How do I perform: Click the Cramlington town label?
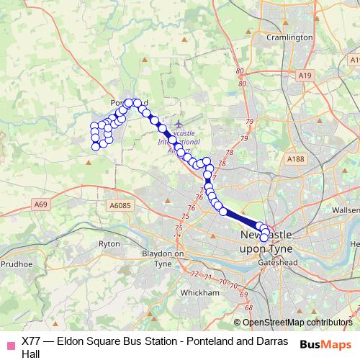[x=289, y=37]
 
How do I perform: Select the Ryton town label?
[x=109, y=244]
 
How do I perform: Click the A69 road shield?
[x=40, y=205]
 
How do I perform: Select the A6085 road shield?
[x=121, y=206]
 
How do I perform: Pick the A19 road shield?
[x=305, y=75]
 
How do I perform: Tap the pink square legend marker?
[x=10, y=342]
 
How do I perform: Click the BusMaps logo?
[x=325, y=343]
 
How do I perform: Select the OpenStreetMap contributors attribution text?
[x=297, y=323]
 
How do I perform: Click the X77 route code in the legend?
[x=31, y=341]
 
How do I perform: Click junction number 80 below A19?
[x=241, y=84]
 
